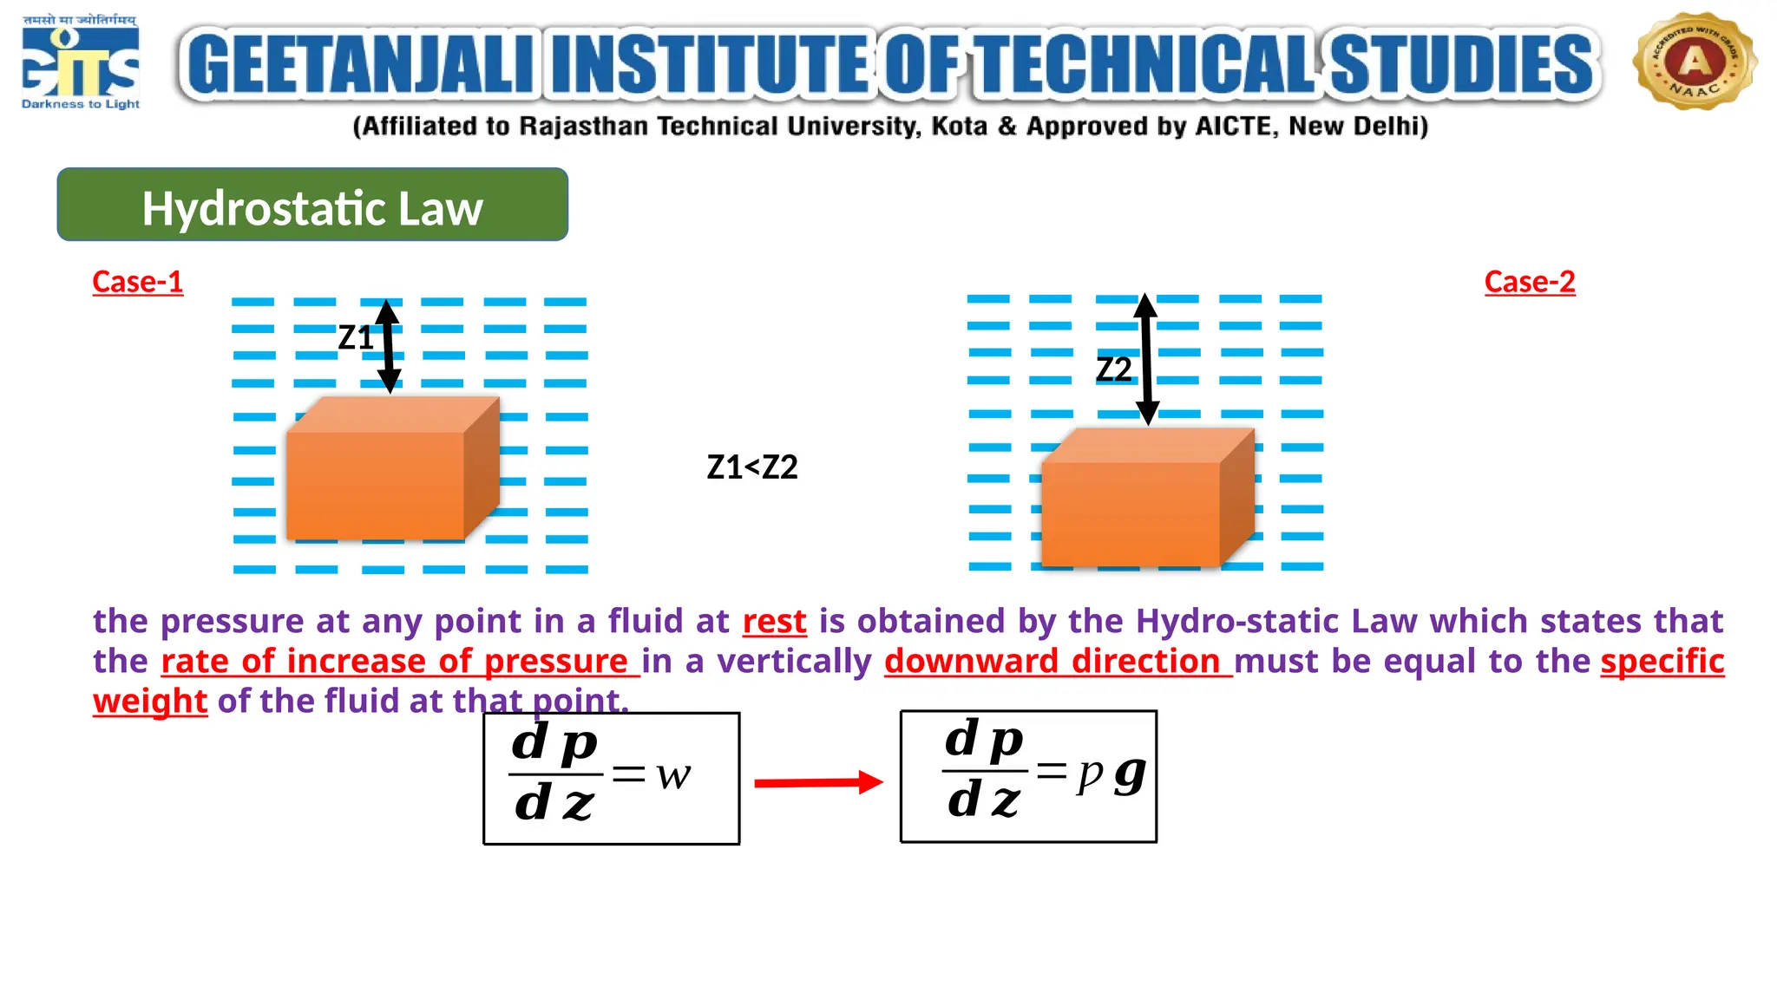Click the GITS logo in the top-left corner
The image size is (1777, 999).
(81, 62)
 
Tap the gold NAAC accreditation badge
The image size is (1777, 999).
(1695, 62)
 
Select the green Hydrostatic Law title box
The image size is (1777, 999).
(312, 205)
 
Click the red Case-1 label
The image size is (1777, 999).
(138, 282)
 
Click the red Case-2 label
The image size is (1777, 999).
(1530, 282)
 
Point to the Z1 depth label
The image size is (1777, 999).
(355, 338)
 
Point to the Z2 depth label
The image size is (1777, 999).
(1114, 370)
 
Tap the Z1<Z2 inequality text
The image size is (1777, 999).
(752, 467)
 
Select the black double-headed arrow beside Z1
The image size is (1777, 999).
(389, 347)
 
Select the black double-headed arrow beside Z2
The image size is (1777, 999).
(1147, 359)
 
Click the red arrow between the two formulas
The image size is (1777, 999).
(817, 782)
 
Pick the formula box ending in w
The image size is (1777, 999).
(612, 778)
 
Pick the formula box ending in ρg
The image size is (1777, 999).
(1028, 776)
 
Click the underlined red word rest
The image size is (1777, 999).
(774, 622)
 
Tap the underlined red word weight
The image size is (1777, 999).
(150, 702)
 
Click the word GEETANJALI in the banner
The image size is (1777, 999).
(361, 64)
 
